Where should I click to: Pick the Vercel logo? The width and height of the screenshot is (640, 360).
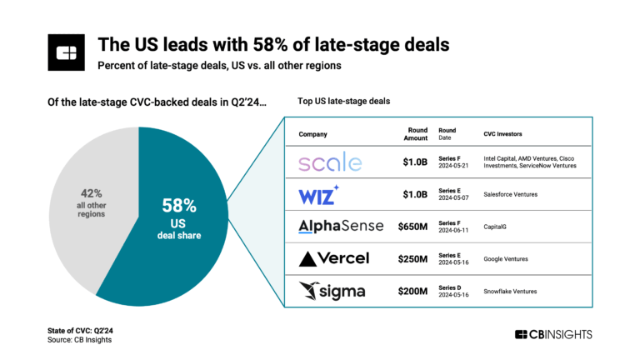(333, 257)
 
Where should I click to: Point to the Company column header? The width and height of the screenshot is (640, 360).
(312, 134)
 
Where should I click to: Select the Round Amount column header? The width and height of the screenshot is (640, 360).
(414, 134)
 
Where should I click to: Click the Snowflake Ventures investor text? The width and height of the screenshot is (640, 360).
(510, 291)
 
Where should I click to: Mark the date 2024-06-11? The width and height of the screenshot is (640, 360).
(456, 231)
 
